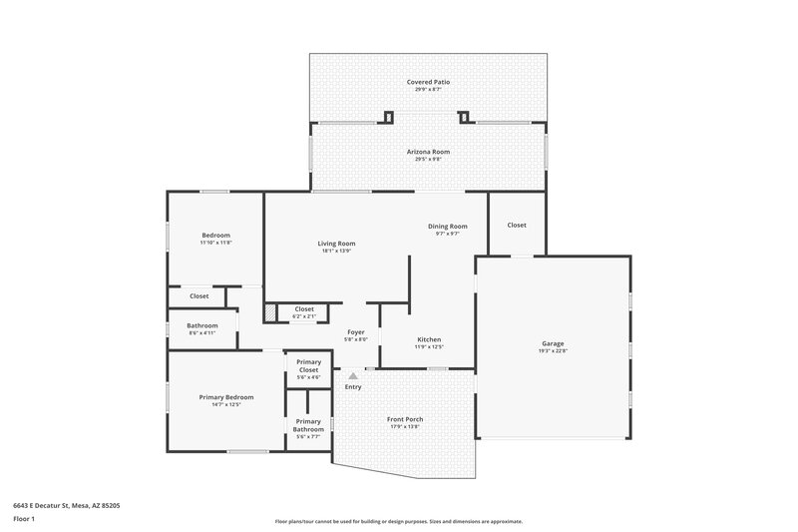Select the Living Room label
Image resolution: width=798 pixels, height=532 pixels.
pyautogui.click(x=337, y=244)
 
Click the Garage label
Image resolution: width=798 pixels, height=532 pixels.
pyautogui.click(x=553, y=343)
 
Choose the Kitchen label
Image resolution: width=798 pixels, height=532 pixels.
pyautogui.click(x=429, y=339)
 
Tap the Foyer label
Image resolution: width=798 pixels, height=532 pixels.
pyautogui.click(x=356, y=331)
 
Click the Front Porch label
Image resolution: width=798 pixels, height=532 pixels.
pyautogui.click(x=405, y=419)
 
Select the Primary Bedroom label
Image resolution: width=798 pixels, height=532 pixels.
pyautogui.click(x=226, y=397)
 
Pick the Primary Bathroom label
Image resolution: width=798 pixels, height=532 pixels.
pyautogui.click(x=308, y=425)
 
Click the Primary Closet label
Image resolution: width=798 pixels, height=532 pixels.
pyautogui.click(x=308, y=366)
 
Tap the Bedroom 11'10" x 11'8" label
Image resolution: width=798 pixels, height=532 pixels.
pyautogui.click(x=216, y=236)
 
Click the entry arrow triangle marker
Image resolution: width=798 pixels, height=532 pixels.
pyautogui.click(x=353, y=375)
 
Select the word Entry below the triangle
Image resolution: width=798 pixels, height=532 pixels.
pyautogui.click(x=353, y=387)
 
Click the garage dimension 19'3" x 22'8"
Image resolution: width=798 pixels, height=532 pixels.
pyautogui.click(x=553, y=350)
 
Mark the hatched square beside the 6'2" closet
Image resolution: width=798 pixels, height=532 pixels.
pyautogui.click(x=270, y=313)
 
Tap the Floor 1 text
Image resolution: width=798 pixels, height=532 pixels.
pyautogui.click(x=24, y=520)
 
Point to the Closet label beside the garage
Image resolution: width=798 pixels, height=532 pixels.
pyautogui.click(x=517, y=225)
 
